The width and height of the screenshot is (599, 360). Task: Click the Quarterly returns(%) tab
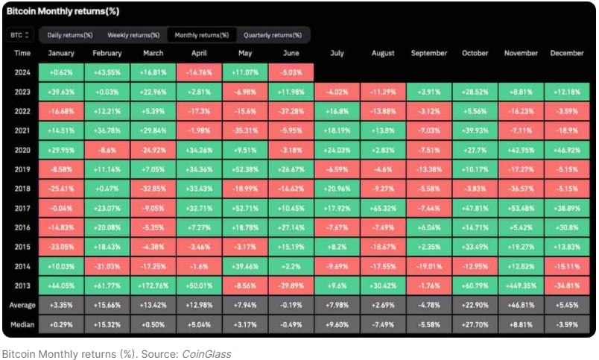click(273, 35)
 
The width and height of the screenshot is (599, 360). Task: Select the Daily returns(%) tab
click(69, 35)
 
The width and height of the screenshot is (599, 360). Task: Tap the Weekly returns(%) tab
click(133, 35)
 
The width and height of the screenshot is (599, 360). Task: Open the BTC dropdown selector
click(20, 35)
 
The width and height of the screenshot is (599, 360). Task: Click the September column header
click(428, 53)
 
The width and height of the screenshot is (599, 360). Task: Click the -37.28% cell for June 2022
click(291, 110)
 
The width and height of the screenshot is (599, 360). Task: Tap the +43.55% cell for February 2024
click(107, 72)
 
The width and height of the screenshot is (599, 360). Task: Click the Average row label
click(22, 305)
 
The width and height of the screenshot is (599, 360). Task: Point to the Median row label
click(22, 323)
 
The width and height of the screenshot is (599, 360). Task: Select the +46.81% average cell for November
click(522, 305)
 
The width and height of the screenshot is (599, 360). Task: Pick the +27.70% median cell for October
click(475, 323)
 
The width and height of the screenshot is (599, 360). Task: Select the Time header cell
click(22, 53)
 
